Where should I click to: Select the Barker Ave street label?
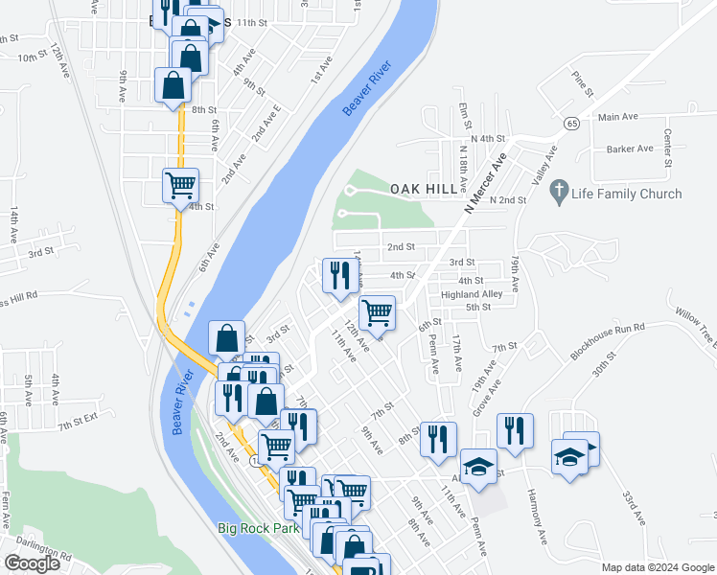coord(629,149)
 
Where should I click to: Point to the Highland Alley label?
coord(472,294)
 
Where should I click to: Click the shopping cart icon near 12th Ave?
coord(378,312)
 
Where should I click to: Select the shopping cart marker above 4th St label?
coord(179,184)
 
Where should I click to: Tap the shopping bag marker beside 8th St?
coord(173,84)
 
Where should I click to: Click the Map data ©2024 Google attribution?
coord(657,567)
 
